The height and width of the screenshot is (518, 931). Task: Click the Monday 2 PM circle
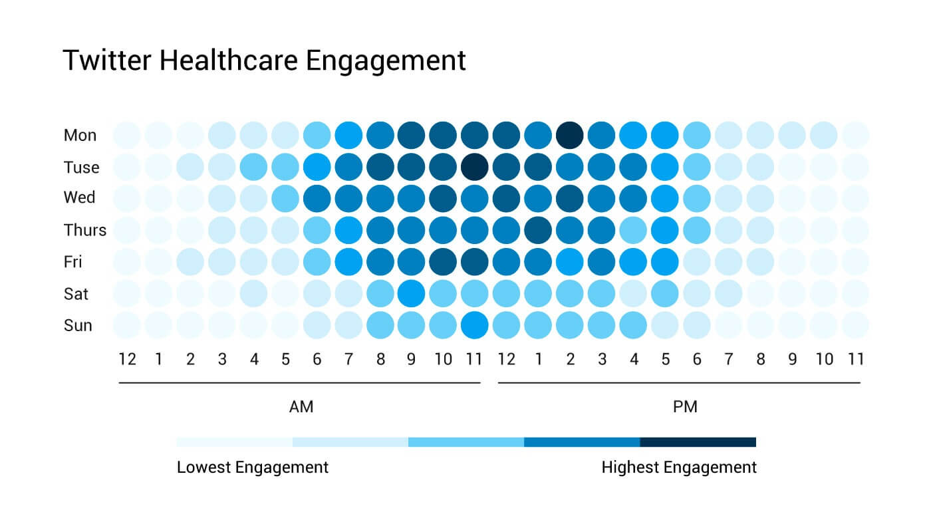(x=570, y=135)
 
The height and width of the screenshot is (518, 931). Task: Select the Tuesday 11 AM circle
(x=474, y=167)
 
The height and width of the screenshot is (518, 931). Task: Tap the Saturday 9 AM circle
(x=411, y=293)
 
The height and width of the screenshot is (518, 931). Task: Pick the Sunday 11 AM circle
(x=474, y=325)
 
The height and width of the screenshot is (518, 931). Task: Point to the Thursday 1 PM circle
(x=538, y=230)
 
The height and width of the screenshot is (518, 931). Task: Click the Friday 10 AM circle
(x=443, y=262)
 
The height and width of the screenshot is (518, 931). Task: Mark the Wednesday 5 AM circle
(x=285, y=198)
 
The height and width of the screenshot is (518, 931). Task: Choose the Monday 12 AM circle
(x=126, y=135)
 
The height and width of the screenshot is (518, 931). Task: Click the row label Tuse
(x=81, y=168)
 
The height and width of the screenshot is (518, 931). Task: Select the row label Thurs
(x=84, y=231)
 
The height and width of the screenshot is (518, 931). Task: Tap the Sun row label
(x=77, y=326)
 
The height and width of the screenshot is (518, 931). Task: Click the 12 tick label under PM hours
(x=507, y=360)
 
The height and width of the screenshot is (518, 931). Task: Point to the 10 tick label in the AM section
(x=443, y=360)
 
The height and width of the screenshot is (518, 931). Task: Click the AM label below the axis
(x=301, y=407)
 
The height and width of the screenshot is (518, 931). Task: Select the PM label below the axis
(x=685, y=407)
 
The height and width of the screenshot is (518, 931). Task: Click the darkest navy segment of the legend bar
(x=698, y=442)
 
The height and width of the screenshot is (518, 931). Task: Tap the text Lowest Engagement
(x=253, y=467)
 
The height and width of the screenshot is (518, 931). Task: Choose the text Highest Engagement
(x=679, y=467)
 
